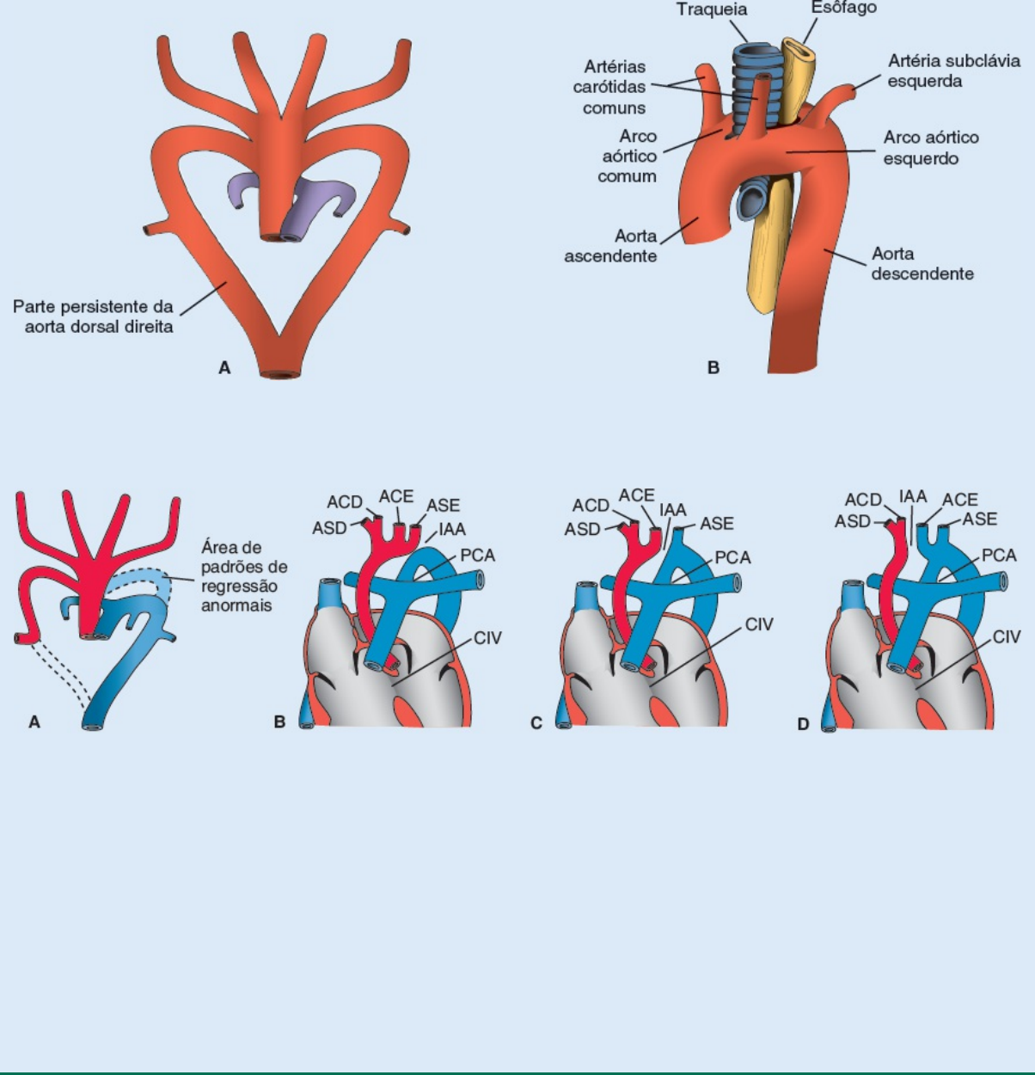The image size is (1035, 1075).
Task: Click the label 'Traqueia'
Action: point(711,10)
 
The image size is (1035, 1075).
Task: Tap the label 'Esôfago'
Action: point(843,8)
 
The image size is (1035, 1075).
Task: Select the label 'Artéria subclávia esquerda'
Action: point(953,71)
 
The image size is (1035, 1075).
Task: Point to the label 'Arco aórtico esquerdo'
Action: point(930,148)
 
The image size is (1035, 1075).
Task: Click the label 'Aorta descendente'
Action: point(922,264)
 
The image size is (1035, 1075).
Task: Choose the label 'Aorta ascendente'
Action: point(610,246)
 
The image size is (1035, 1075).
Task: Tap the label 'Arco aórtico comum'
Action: point(628,157)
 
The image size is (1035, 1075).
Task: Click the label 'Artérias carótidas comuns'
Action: point(614,87)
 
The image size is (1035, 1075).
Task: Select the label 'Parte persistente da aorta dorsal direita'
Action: point(93,316)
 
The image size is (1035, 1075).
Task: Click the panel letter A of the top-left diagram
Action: point(224,368)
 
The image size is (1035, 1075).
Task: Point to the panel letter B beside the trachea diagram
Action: point(713,368)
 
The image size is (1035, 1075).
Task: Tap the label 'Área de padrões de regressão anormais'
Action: point(244,576)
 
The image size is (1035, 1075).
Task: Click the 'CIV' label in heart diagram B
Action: point(487,638)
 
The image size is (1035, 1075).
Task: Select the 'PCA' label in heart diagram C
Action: point(732,557)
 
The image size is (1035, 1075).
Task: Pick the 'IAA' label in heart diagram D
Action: point(913,496)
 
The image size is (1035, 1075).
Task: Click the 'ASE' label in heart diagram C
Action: point(716,524)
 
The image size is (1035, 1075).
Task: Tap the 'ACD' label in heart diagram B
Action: point(344,502)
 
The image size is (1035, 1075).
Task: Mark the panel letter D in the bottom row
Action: point(803,724)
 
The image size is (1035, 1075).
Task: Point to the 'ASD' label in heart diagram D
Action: point(852,521)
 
